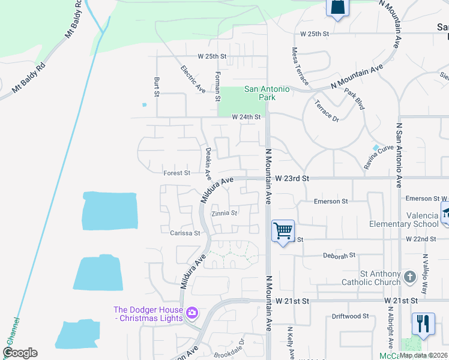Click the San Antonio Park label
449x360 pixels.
(267, 93)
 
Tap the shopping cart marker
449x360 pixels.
(283, 230)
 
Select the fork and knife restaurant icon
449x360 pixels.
(423, 324)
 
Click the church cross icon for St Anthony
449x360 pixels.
(410, 277)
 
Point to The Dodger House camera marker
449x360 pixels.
(192, 312)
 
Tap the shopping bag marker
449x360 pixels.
(337, 8)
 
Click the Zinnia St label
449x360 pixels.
(224, 212)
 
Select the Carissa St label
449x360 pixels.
(184, 233)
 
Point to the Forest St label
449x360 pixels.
(176, 173)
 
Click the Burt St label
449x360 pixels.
(156, 86)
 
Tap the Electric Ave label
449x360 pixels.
(193, 79)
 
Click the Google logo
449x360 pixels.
(20, 353)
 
